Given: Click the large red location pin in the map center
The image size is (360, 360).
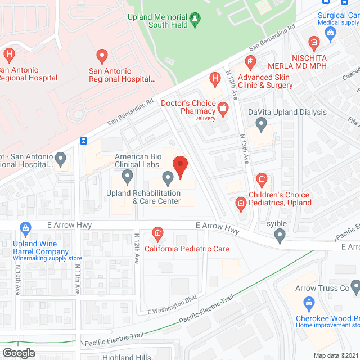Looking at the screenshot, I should (179, 167).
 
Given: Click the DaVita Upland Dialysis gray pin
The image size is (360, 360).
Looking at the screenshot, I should (260, 125).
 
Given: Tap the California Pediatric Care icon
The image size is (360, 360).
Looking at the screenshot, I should (158, 233).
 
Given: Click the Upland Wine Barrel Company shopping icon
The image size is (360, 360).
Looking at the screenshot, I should (25, 228).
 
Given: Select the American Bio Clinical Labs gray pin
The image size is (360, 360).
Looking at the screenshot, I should (128, 177).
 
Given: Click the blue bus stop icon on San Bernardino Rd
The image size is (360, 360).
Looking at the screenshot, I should (83, 141).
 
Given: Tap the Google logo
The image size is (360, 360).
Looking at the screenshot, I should (18, 353).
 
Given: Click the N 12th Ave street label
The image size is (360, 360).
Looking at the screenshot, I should (137, 249).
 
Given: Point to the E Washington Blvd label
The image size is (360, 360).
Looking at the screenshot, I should (172, 304).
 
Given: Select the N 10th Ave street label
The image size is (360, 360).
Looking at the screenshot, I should (17, 280).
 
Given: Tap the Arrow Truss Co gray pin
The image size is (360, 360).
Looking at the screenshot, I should (354, 289).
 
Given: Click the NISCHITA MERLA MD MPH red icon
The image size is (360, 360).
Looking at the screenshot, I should (314, 41).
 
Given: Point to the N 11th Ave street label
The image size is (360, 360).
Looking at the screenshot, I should (77, 279).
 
